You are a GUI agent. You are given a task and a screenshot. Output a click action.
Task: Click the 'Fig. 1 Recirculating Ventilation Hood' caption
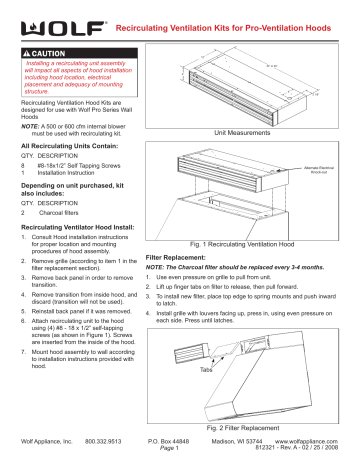pyautogui.click(x=257, y=243)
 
